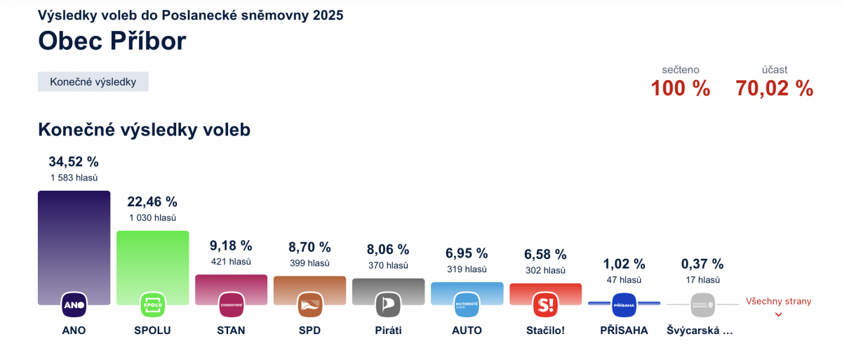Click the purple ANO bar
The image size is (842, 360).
(x=74, y=239)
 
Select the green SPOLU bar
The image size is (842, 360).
(x=152, y=260)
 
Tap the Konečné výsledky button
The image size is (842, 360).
(x=93, y=81)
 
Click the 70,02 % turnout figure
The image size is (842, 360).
(x=774, y=88)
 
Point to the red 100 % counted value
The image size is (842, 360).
(x=680, y=88)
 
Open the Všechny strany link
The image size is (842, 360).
(x=778, y=302)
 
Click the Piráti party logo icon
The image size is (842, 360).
(x=388, y=305)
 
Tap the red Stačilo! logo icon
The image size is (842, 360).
(x=545, y=305)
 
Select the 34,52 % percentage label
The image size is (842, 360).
(x=74, y=162)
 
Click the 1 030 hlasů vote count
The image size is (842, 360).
(x=152, y=218)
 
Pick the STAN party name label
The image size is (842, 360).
(x=231, y=330)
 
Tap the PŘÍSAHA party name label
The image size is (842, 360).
(x=624, y=330)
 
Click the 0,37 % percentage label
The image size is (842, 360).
(x=702, y=264)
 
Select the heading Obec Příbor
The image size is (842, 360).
(x=112, y=41)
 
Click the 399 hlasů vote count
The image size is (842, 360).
(x=309, y=263)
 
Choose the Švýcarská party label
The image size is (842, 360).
(x=700, y=330)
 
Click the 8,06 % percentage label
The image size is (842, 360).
(x=388, y=248)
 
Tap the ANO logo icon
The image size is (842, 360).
(x=74, y=305)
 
